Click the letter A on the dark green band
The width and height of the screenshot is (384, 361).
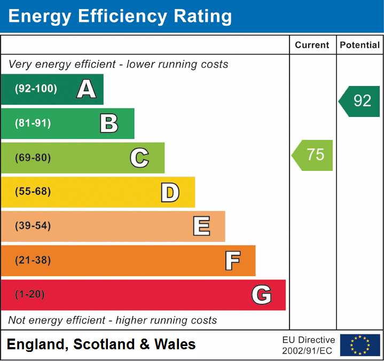(87, 89)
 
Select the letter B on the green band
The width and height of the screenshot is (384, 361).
(109, 123)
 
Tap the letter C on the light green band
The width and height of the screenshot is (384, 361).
(139, 158)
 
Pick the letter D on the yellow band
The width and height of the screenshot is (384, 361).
(170, 192)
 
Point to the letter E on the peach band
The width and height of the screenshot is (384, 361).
(201, 226)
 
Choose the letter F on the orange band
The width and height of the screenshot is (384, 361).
(232, 261)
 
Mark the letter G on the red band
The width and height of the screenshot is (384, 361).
(262, 295)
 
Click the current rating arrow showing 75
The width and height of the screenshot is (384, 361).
(313, 155)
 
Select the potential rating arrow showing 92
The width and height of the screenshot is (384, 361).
(360, 101)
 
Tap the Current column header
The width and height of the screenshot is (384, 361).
(312, 45)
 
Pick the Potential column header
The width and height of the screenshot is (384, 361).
(360, 45)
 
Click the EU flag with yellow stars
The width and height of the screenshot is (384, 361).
(360, 345)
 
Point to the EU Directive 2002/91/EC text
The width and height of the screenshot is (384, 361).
(309, 345)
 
